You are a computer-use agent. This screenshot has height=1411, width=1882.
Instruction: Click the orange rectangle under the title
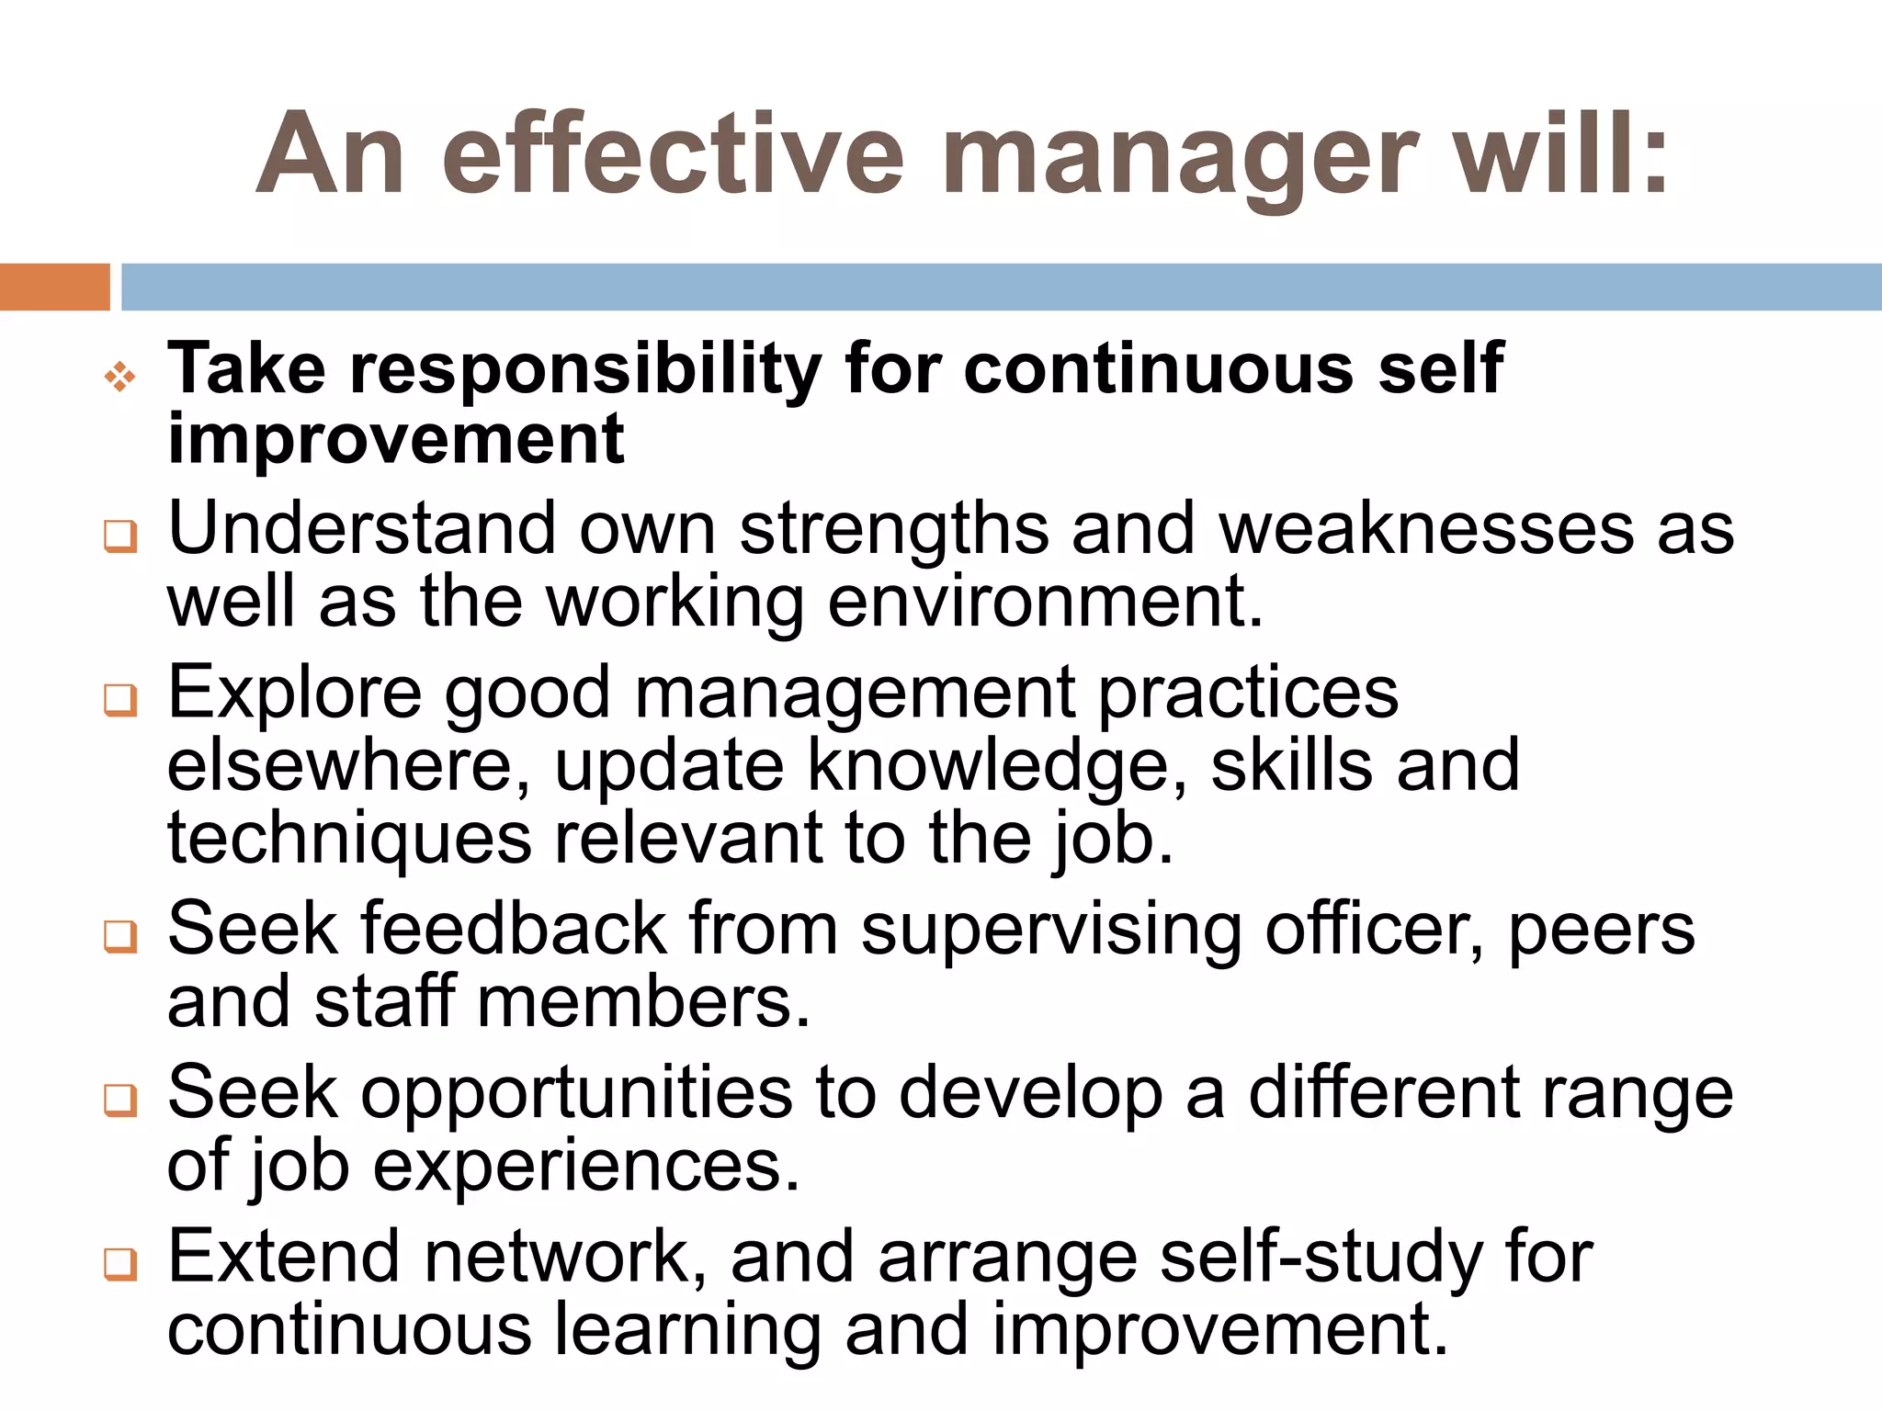pos(54,287)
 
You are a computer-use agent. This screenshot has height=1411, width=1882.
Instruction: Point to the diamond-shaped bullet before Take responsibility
pos(120,377)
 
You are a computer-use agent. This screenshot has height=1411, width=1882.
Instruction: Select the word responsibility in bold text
pos(585,369)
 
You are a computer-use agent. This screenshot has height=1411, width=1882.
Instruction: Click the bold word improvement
pos(396,440)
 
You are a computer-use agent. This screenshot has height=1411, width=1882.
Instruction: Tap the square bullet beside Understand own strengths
pos(120,536)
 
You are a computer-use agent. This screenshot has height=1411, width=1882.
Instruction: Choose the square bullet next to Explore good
pos(120,700)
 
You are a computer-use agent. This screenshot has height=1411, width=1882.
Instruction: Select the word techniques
pos(349,839)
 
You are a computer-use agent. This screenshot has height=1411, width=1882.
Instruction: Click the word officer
pos(1374,930)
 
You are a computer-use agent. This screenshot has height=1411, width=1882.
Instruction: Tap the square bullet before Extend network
pos(120,1264)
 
